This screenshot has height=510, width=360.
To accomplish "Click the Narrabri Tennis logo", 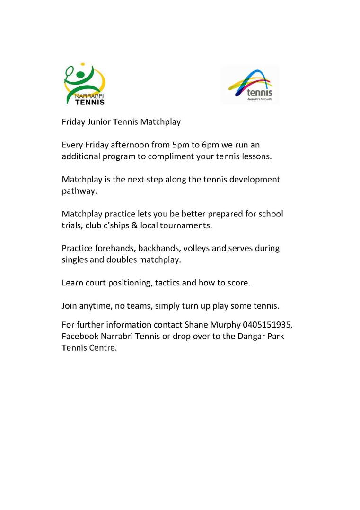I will (x=84, y=84).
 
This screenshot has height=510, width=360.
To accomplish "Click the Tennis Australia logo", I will (x=250, y=85).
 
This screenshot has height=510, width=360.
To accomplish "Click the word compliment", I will (x=170, y=156).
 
